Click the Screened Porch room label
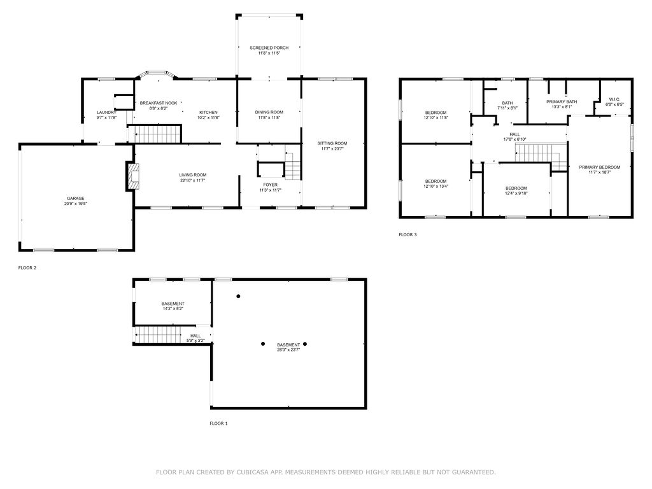pyautogui.click(x=269, y=48)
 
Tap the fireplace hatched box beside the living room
pyautogui.click(x=134, y=176)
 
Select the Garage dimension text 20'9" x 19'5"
pyautogui.click(x=76, y=204)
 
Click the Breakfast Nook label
pyautogui.click(x=159, y=103)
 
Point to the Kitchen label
pyautogui.click(x=208, y=112)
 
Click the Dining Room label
pyautogui.click(x=269, y=112)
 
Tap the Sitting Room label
pyautogui.click(x=332, y=143)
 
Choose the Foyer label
pyautogui.click(x=270, y=185)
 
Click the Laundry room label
pyautogui.click(x=106, y=112)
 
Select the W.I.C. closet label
pyautogui.click(x=614, y=99)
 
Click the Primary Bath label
pyautogui.click(x=562, y=101)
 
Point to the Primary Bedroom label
pyautogui.click(x=600, y=167)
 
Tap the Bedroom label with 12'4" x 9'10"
pyautogui.click(x=516, y=188)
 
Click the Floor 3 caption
pyautogui.click(x=407, y=234)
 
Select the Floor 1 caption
pyautogui.click(x=218, y=423)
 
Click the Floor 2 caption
pyautogui.click(x=27, y=268)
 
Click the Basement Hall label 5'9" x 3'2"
pyautogui.click(x=195, y=336)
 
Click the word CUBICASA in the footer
pyautogui.click(x=253, y=472)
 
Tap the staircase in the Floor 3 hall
pyautogui.click(x=541, y=156)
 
